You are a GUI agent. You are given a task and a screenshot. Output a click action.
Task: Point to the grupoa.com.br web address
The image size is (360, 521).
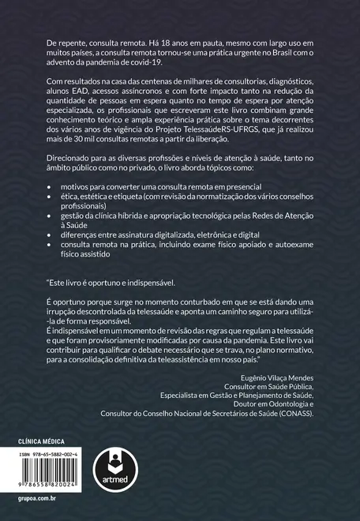pos(39,508)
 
